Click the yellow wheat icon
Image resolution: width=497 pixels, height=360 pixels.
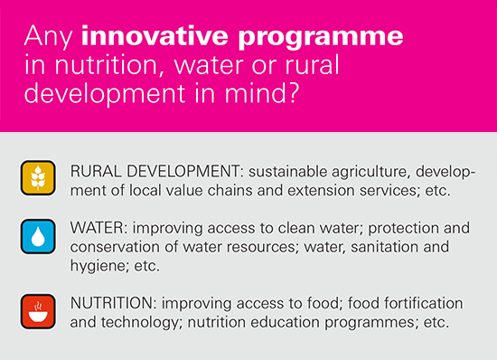38,177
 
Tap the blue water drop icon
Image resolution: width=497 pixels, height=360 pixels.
38,237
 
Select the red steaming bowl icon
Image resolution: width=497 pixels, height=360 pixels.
38,312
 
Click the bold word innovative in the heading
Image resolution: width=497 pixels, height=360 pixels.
155,35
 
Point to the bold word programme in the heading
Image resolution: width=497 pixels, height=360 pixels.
321,38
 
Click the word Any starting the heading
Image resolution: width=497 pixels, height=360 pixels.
49,37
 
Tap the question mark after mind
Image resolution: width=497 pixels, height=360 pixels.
294,92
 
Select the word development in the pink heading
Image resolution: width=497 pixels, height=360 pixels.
105,94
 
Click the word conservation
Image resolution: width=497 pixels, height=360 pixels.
115,247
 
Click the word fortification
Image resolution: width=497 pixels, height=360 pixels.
424,303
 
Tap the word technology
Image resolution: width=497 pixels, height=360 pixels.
140,323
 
